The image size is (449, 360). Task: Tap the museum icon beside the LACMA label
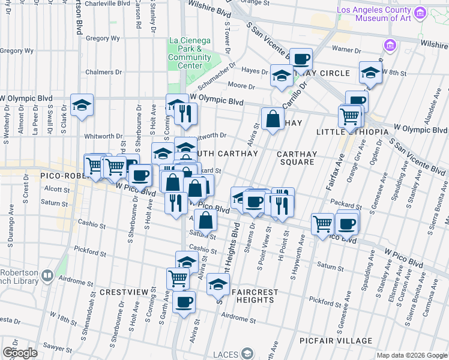coord(420,13)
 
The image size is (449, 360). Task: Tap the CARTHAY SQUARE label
coord(297,158)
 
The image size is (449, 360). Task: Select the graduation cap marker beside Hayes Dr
coord(281,76)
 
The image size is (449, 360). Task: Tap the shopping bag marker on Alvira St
coord(273,119)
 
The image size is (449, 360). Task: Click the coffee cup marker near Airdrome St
coord(184,302)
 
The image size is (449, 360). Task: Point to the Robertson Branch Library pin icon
coord(47,275)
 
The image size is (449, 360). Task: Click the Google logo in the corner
coord(20,353)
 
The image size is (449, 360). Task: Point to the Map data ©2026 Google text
coord(411,355)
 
